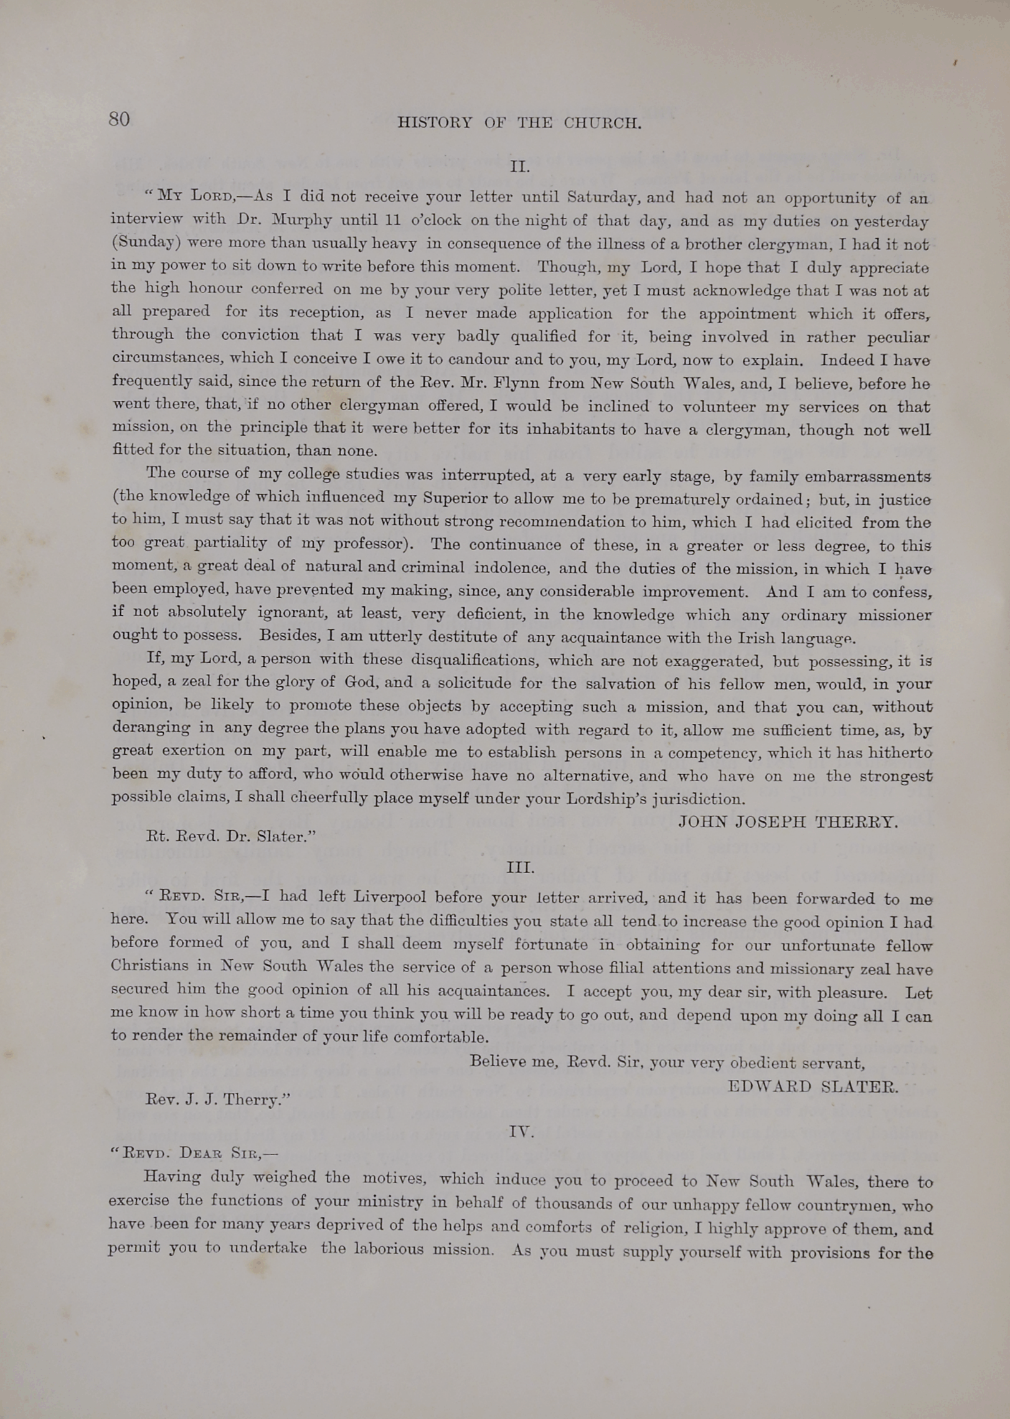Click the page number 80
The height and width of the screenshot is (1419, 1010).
(x=119, y=119)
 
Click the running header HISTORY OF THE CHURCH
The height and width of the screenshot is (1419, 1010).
(x=519, y=123)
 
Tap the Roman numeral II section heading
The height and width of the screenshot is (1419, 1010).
(x=519, y=167)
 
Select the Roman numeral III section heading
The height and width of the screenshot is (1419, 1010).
(x=520, y=868)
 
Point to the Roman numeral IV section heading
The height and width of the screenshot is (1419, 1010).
(x=521, y=1131)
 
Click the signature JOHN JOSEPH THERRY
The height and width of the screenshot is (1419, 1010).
(x=788, y=822)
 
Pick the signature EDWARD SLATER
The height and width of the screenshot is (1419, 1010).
(x=813, y=1087)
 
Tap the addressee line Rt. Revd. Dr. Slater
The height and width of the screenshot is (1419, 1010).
(x=230, y=836)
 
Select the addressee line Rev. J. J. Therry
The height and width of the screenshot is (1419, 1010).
(x=218, y=1100)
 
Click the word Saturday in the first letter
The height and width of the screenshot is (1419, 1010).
(x=602, y=198)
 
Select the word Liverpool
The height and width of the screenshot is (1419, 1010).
(x=390, y=897)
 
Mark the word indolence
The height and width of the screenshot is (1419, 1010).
(x=512, y=568)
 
